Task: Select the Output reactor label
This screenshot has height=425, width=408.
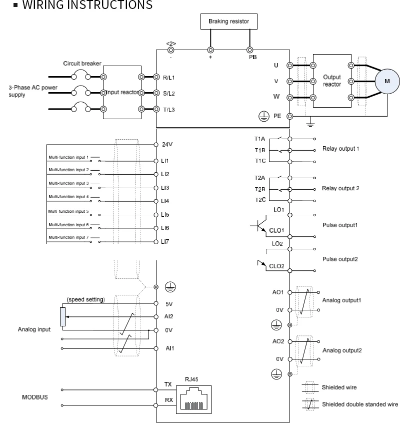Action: (332, 81)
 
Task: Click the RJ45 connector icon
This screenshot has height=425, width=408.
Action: (193, 399)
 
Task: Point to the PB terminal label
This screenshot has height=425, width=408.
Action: (253, 57)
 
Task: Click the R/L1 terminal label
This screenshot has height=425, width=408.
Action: (169, 78)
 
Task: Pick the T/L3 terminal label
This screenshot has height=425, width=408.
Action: (169, 110)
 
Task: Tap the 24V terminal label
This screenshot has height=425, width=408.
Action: (167, 145)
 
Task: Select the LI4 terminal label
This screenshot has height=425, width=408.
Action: (165, 201)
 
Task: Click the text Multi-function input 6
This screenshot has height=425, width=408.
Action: (68, 225)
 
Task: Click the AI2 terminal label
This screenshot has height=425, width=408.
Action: (168, 316)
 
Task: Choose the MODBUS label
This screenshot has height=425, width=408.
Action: (35, 397)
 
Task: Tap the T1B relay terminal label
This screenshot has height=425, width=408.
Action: (260, 150)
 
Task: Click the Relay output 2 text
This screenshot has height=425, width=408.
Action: (340, 188)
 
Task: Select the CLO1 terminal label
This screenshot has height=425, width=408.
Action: (276, 230)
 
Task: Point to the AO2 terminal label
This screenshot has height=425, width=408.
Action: (278, 341)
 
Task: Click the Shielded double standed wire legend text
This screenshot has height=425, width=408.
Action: (360, 404)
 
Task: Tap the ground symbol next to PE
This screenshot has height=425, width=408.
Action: (263, 117)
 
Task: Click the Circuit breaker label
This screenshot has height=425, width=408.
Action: (82, 64)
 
